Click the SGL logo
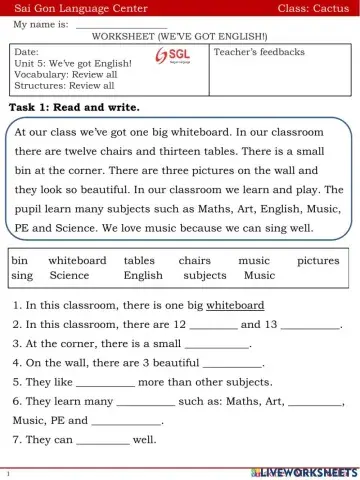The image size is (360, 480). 179,57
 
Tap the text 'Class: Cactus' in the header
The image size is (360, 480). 312,8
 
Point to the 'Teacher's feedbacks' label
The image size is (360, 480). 260,51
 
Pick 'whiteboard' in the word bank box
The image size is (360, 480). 77,260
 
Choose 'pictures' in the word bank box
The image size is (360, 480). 318,260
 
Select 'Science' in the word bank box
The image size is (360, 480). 69,275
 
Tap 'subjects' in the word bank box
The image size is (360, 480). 205,275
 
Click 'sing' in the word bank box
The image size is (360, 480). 22,275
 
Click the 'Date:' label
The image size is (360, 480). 27,51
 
